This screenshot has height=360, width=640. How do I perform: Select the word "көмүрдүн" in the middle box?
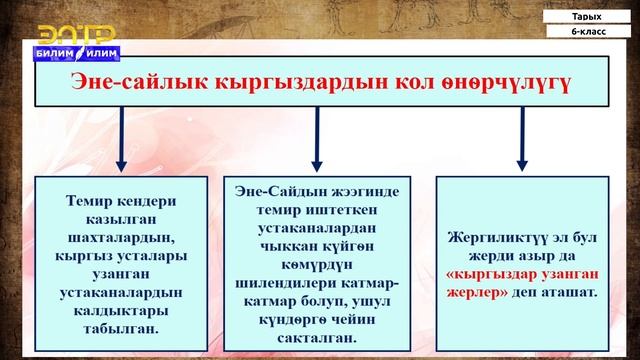pos(317,255)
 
